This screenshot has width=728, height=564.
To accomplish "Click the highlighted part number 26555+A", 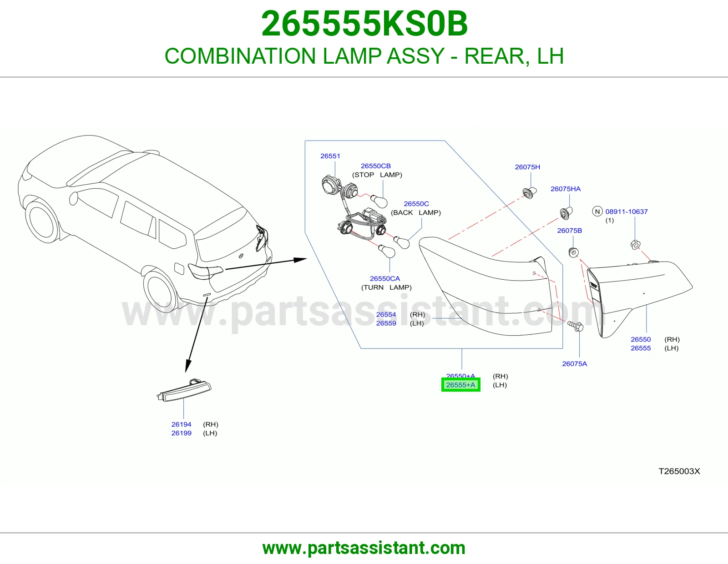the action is tap(460, 385).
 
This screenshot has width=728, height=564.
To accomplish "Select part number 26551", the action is tap(330, 156).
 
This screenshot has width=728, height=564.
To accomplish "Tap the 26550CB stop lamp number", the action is tap(375, 166).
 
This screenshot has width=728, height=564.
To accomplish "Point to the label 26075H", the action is tap(527, 167).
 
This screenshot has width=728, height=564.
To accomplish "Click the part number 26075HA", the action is tap(566, 189).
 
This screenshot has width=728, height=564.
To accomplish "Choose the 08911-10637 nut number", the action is tap(627, 211).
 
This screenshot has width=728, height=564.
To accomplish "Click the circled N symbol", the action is tap(597, 211).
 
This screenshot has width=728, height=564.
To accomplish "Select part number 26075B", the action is tap(570, 231).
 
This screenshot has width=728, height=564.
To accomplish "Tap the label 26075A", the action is tap(575, 364).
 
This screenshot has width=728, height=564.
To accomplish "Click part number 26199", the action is tap(181, 433).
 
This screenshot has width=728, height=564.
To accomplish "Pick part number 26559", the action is tap(386, 323).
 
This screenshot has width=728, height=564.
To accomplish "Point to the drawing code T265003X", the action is tap(679, 471).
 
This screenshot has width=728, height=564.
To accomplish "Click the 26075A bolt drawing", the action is tap(575, 326).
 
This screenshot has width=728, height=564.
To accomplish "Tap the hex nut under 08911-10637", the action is tap(635, 245).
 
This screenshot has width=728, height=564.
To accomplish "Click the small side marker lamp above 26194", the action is tap(184, 390).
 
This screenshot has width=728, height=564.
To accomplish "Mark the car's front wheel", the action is tap(42, 221).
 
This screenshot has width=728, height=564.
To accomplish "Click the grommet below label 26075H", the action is tap(530, 192).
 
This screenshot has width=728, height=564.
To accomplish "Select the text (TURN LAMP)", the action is tap(386, 287).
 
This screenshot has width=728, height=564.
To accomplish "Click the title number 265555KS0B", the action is tap(364, 24).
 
